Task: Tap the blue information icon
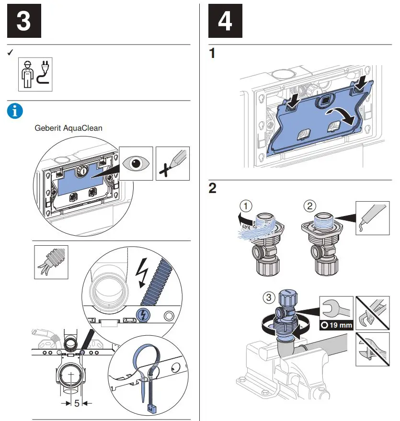pyautogui.click(x=15, y=111)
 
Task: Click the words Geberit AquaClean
pyautogui.click(x=69, y=128)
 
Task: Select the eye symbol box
pyautogui.click(x=136, y=163)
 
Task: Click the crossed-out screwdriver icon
pyautogui.click(x=173, y=163)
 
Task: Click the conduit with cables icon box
pyautogui.click(x=51, y=262)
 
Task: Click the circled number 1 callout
pyautogui.click(x=246, y=206)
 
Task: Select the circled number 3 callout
pyautogui.click(x=269, y=297)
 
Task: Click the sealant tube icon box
pyautogui.click(x=372, y=217)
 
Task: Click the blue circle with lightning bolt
pyautogui.click(x=142, y=314)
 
